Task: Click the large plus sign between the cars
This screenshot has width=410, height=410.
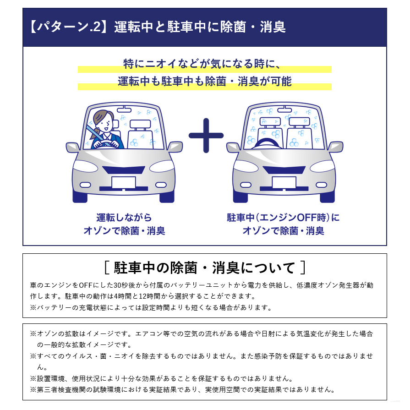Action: (x=206, y=136)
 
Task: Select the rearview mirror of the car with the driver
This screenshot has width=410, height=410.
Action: (x=124, y=109)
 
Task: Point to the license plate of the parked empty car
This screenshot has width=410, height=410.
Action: (x=284, y=182)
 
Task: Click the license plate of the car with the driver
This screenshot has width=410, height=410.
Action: (x=123, y=182)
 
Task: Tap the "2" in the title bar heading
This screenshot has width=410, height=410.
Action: (x=97, y=27)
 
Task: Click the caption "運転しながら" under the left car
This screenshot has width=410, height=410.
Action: (x=124, y=217)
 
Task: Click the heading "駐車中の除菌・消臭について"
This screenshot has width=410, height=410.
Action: (x=205, y=268)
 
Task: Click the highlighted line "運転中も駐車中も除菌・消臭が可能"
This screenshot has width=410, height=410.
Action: (x=205, y=82)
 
